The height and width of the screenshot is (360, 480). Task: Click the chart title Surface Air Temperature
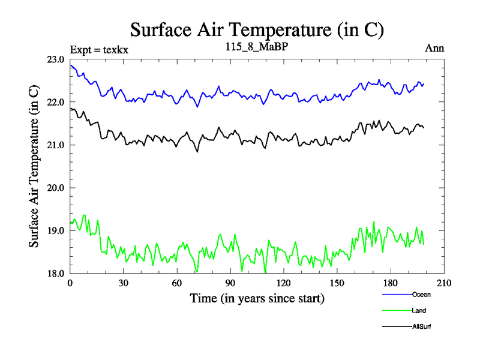tap(257, 29)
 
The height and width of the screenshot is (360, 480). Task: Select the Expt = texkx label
tap(99, 49)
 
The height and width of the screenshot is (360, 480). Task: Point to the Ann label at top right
tap(434, 49)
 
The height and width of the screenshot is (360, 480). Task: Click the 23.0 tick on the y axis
tap(56, 59)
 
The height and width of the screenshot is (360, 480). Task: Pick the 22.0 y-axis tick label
tap(56, 102)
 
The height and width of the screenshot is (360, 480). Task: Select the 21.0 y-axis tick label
tap(56, 145)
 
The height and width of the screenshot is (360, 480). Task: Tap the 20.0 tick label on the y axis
tap(56, 188)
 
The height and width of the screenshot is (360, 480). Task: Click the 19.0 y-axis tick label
tap(56, 230)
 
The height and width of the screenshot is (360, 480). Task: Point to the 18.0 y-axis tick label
tap(56, 274)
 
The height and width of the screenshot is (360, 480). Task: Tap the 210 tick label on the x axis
tap(444, 284)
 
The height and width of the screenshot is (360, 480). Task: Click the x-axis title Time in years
tap(257, 298)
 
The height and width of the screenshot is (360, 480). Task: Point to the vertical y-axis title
tap(35, 166)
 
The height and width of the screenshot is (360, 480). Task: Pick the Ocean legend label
tap(421, 295)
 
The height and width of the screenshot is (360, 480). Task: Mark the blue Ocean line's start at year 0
tap(71, 65)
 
